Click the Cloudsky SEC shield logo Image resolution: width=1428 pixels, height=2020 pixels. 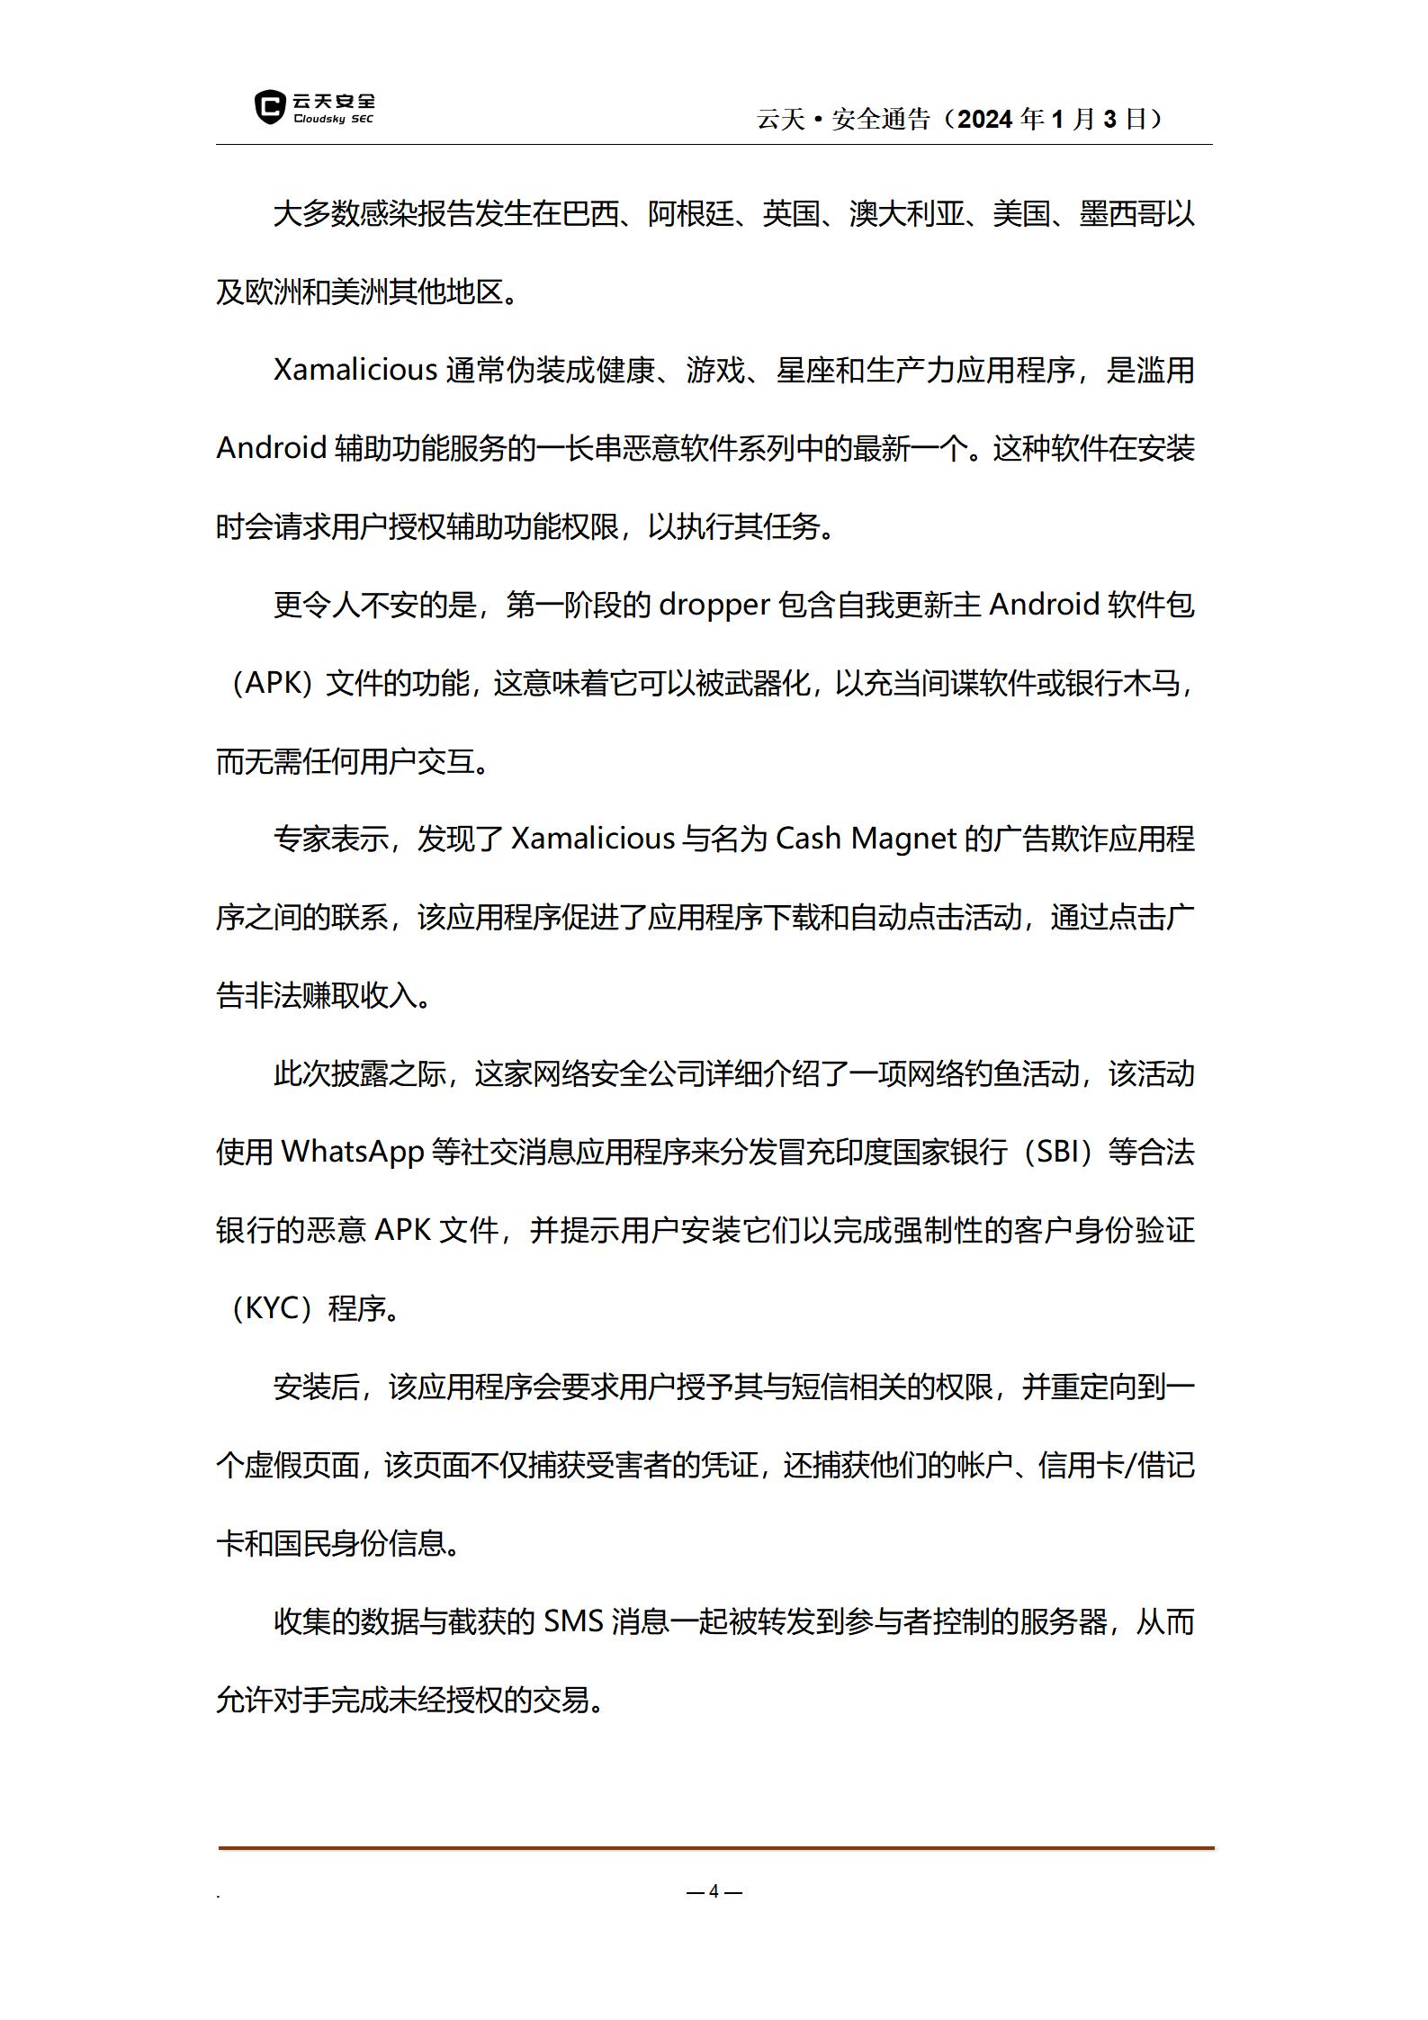coord(269,107)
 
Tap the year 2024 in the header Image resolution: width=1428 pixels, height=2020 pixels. coord(986,119)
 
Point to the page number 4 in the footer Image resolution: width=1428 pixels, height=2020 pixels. coord(714,1891)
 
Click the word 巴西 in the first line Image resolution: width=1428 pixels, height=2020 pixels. coord(590,214)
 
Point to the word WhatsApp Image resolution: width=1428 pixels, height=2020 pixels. coord(353,1152)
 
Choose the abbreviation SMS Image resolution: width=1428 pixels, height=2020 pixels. coord(573,1622)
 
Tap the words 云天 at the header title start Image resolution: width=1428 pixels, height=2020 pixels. coord(781,119)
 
